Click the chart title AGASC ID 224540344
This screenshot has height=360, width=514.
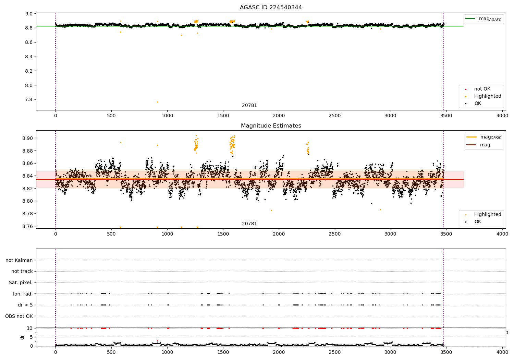pos(271,7)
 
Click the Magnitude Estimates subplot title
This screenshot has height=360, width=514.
pos(271,125)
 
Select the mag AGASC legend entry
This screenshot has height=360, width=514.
pos(484,19)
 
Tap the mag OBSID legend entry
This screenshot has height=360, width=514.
pos(484,137)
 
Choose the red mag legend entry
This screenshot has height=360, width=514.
pos(478,145)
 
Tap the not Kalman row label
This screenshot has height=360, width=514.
pos(19,260)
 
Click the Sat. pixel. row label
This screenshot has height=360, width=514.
pos(21,283)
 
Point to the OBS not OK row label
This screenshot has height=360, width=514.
pos(19,316)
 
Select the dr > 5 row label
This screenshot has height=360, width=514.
pos(25,305)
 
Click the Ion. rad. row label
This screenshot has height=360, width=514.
pos(23,293)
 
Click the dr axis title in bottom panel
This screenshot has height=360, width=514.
pos(22,337)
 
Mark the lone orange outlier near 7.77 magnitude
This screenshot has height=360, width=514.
pos(157,102)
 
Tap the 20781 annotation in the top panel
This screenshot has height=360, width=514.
pos(249,105)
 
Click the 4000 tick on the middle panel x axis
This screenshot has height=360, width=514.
pos(502,234)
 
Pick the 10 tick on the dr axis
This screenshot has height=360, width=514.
pos(30,328)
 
